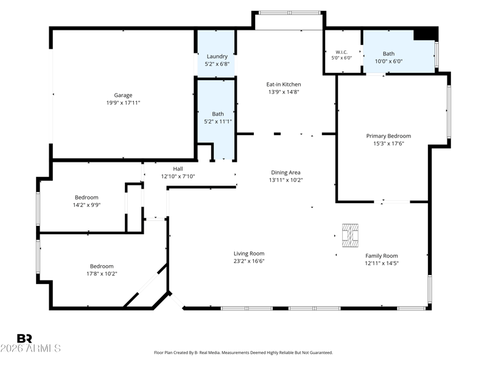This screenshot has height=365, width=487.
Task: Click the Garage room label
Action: [123, 96]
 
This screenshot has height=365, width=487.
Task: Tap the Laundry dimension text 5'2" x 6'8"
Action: [217, 64]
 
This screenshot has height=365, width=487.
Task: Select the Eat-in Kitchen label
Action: [284, 84]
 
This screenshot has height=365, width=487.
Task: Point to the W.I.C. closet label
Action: [342, 52]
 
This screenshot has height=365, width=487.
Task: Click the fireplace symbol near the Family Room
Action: [350, 235]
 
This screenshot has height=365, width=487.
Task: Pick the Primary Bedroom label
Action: [388, 136]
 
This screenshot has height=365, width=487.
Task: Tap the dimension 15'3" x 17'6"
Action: [388, 144]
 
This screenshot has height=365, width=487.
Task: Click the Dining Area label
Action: [286, 173]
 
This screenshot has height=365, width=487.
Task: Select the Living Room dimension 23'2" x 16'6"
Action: [249, 261]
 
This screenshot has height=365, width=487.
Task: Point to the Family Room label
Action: [382, 255]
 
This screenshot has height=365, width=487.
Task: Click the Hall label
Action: [178, 169]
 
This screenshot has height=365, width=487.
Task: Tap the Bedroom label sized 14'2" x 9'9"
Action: [86, 197]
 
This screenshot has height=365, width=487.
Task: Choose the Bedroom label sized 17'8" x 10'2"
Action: [102, 266]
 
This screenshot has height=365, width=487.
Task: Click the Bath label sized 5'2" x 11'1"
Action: [218, 114]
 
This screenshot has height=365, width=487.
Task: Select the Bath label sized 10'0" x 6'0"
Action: [388, 54]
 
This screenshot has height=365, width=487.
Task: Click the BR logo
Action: [24, 338]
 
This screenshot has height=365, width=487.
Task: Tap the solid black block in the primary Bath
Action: [425, 34]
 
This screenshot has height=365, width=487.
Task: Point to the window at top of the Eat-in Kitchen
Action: [290, 13]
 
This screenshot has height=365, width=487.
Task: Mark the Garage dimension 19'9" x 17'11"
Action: [124, 103]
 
